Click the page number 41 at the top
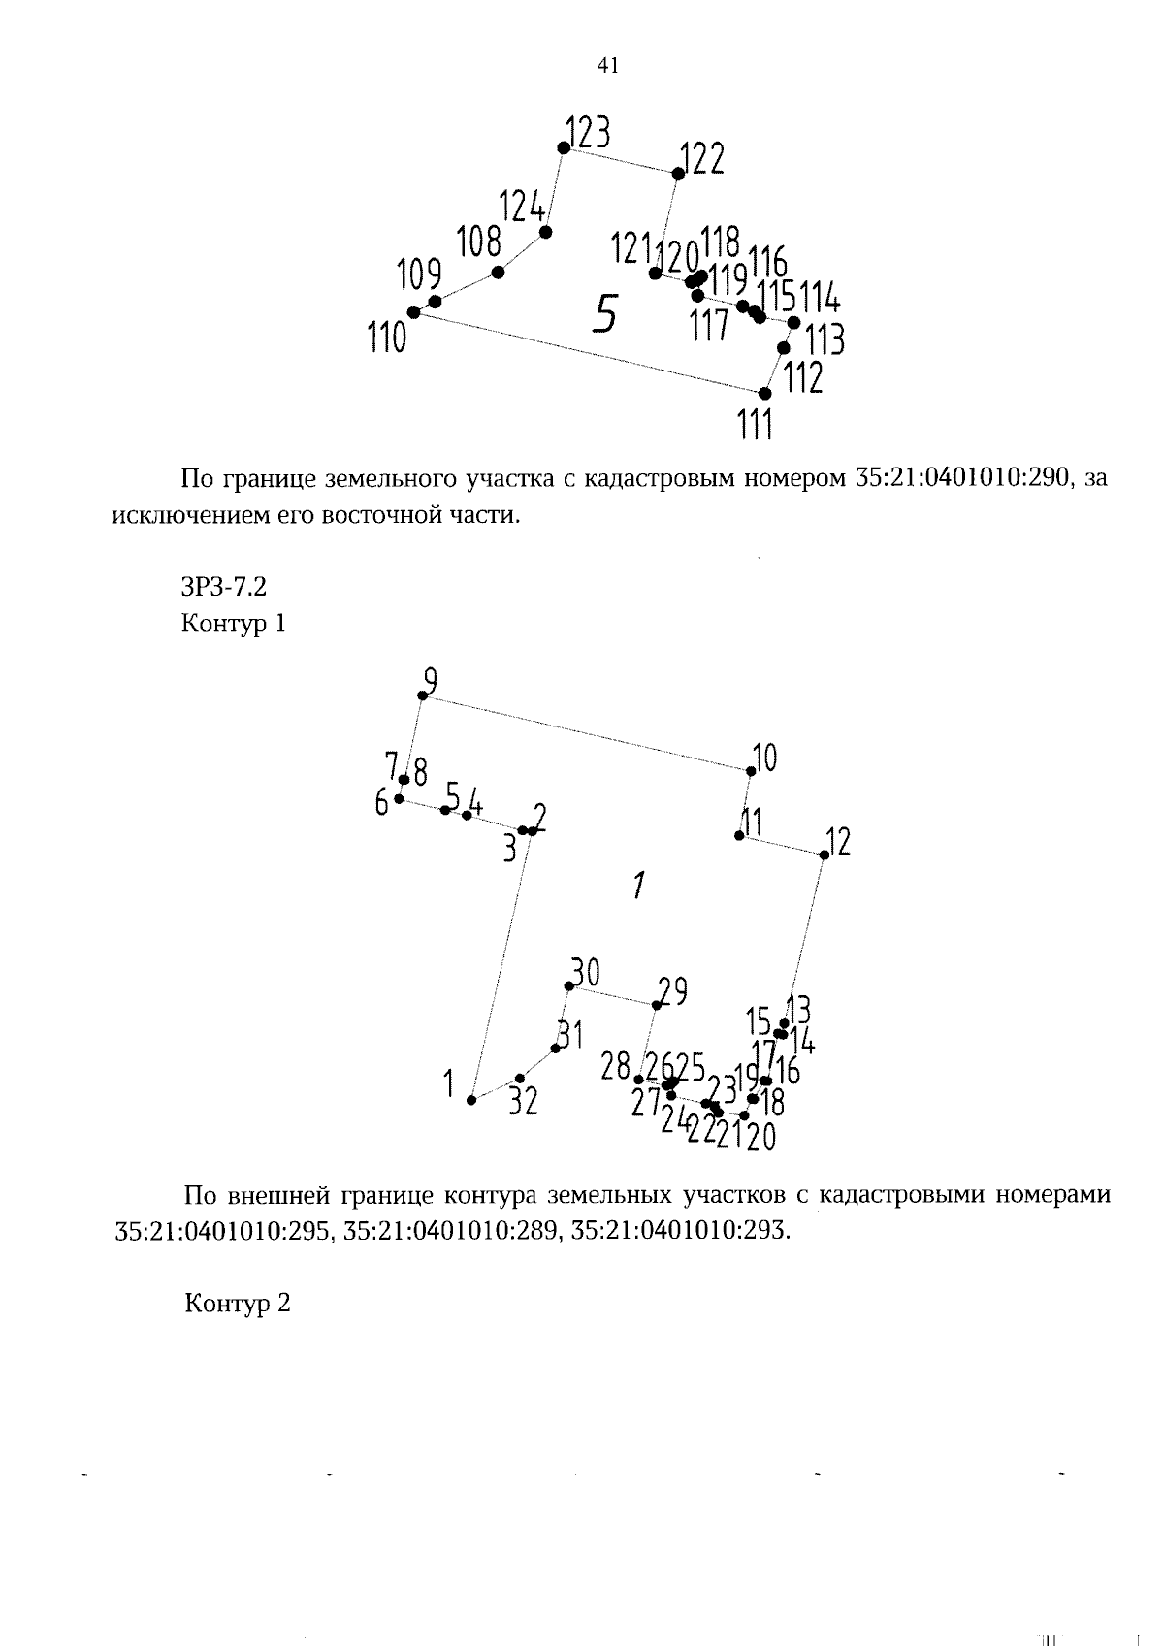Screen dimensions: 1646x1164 pos(608,66)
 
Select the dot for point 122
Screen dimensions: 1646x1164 pos(678,174)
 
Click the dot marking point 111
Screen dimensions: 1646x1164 pos(764,394)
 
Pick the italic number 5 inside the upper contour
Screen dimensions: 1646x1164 pos(604,313)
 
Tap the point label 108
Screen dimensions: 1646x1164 pos(479,241)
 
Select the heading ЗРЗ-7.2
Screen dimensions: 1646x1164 pos(223,588)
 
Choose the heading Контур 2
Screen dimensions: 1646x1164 pos(238,1304)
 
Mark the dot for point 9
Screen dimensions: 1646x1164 pos(422,695)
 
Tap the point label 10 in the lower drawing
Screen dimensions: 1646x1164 pos(765,758)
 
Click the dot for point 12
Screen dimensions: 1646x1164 pos(824,855)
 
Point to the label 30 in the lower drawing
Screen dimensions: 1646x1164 pos(585,971)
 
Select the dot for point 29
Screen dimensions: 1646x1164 pos(656,1005)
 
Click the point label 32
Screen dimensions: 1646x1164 pos(524,1102)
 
